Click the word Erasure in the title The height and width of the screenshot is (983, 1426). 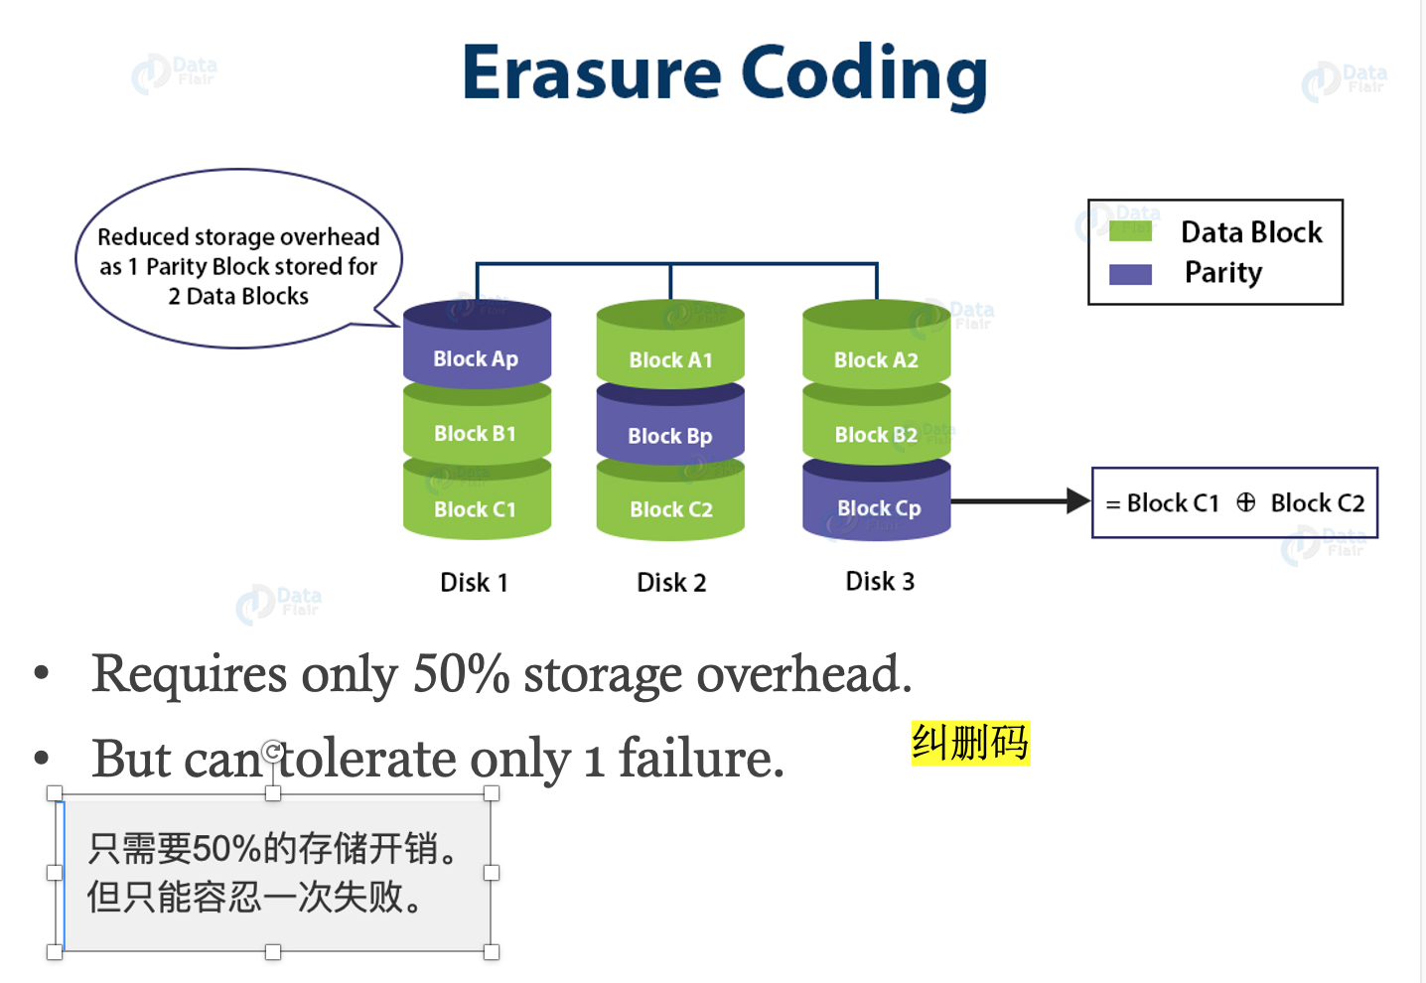coord(591,72)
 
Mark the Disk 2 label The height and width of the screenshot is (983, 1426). coord(671,583)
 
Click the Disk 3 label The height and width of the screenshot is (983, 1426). coord(880,582)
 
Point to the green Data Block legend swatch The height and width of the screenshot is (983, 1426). coord(1130,231)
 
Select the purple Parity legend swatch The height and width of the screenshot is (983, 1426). coord(1130,274)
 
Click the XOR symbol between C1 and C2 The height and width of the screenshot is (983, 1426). coord(1245,502)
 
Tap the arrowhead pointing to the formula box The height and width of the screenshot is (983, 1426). coord(1077,501)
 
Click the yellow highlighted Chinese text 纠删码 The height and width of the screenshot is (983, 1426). coord(970,743)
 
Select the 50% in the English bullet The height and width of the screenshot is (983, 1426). coord(461,675)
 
